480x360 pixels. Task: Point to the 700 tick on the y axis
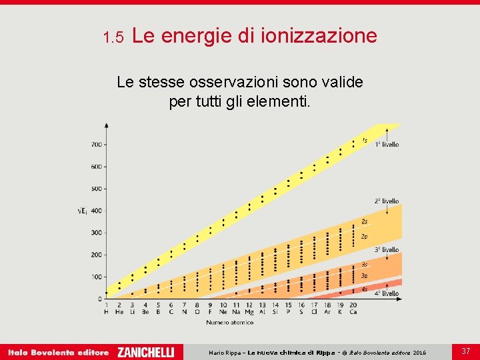coord(97,145)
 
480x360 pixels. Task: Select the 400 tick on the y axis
coord(97,211)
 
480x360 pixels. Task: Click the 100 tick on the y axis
coord(97,277)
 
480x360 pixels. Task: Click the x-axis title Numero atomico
coord(229,323)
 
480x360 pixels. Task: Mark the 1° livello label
coord(387,144)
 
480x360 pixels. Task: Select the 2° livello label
coord(387,201)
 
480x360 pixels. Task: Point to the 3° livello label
coord(387,249)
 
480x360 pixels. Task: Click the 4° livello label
coord(387,293)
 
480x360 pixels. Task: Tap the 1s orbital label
coord(364,140)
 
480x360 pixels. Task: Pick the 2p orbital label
coord(364,236)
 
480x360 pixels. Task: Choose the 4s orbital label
coord(364,289)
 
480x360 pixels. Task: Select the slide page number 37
coord(466,351)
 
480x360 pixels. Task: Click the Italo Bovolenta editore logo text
coord(58,352)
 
